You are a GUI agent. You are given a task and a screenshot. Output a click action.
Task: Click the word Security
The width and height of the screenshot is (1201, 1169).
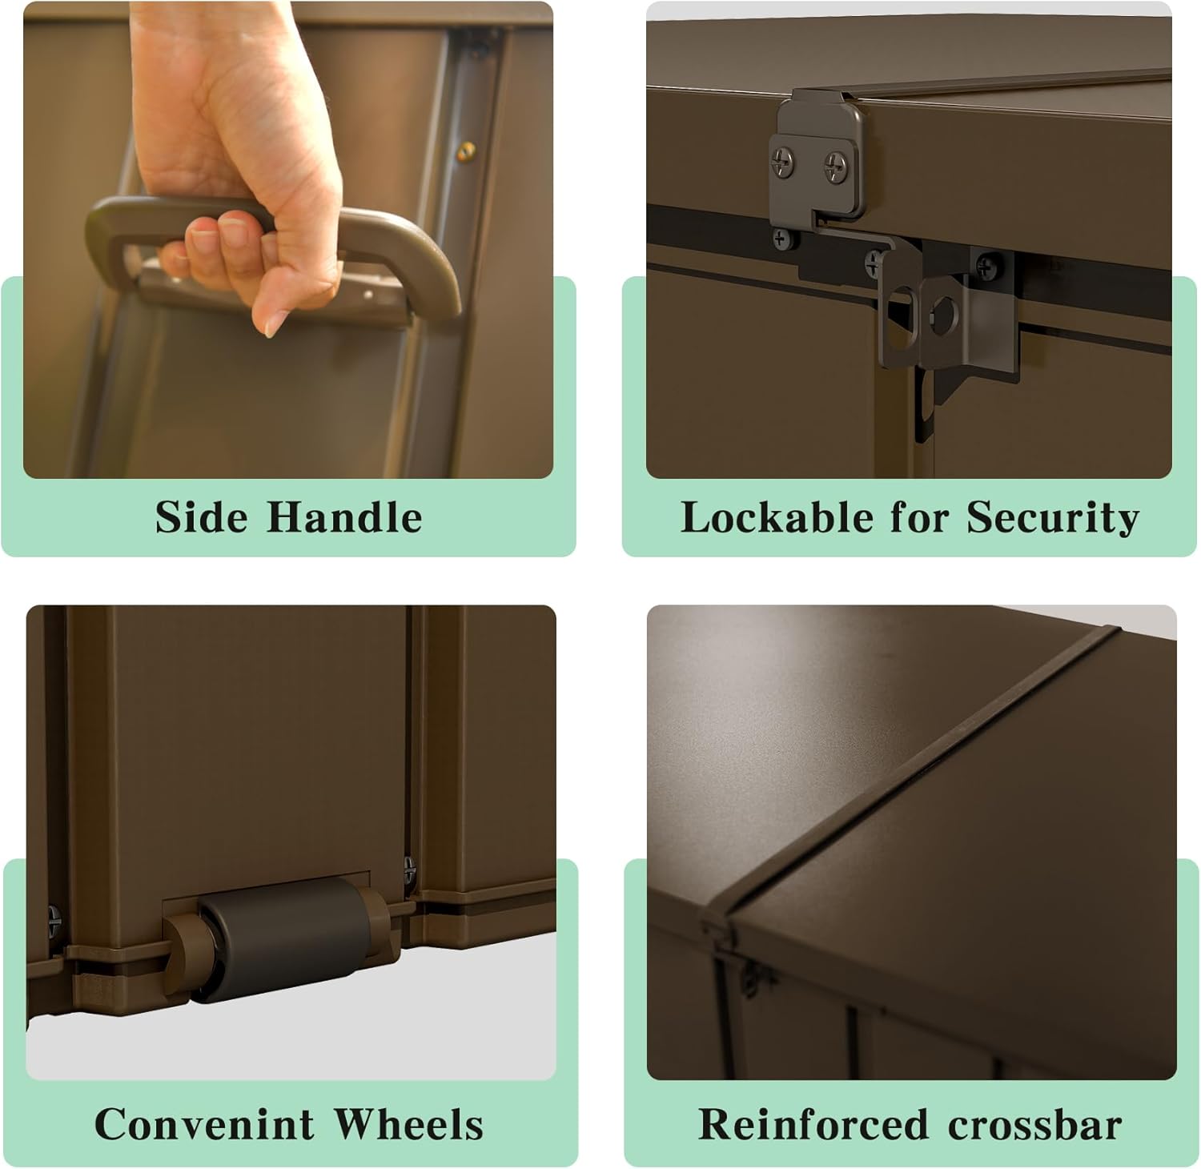click(x=1053, y=518)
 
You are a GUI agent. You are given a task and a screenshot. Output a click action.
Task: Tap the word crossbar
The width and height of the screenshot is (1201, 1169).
click(x=1034, y=1124)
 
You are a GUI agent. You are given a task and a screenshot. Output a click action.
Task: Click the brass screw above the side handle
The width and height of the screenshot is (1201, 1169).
click(x=467, y=148)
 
